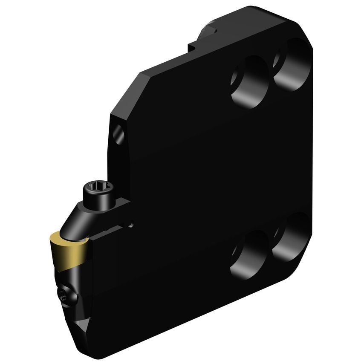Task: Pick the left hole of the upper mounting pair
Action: (x=249, y=81)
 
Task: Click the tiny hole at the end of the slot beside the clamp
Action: (x=132, y=222)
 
